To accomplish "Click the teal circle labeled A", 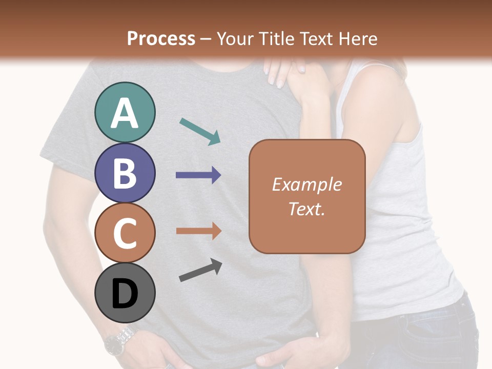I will point(125,112).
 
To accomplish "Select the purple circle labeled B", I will point(125,173).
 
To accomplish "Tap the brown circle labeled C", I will point(125,233).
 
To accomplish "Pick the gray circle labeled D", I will point(125,293).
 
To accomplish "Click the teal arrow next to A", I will point(200,131).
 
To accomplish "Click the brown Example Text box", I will point(307,196).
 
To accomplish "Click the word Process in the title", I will point(161,38).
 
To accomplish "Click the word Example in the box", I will point(306,184).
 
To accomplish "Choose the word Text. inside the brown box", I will point(306,209).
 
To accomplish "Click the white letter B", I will point(125,173).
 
